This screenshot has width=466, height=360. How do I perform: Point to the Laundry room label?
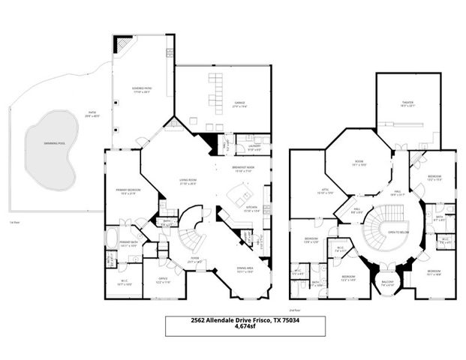(244, 137)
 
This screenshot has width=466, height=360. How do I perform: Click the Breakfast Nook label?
(244, 169)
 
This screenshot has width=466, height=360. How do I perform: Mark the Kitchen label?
(252, 208)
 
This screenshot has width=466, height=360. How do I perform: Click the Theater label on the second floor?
(407, 106)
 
